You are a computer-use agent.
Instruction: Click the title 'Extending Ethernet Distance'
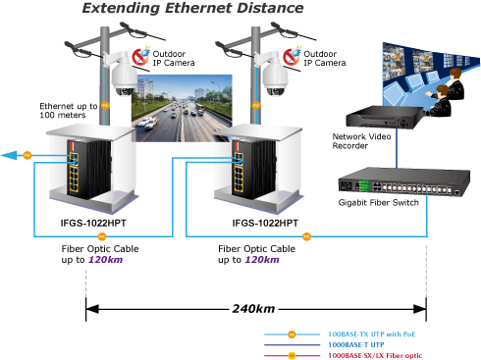tap(192, 8)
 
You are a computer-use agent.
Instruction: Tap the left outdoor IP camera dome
tap(123, 79)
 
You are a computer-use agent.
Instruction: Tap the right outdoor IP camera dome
tap(275, 79)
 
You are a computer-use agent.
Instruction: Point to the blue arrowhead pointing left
tap(9, 155)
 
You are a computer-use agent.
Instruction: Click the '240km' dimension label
tap(253, 309)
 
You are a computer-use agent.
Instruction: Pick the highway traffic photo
tap(182, 108)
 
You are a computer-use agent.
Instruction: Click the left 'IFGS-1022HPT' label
tap(93, 223)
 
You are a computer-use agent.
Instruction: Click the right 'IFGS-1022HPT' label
tap(265, 223)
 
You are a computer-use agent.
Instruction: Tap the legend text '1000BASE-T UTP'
tap(356, 344)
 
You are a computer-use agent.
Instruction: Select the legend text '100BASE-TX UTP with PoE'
tap(372, 334)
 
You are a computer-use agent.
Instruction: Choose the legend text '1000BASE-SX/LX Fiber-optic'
tap(375, 355)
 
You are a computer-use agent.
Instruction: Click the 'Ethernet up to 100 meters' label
tap(69, 111)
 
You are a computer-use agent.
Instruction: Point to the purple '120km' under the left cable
tap(106, 260)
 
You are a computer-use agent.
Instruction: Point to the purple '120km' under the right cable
tap(262, 260)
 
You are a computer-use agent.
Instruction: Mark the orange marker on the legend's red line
tap(292, 356)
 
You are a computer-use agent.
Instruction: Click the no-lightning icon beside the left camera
tap(140, 56)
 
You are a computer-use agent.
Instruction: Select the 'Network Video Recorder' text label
tap(361, 141)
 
